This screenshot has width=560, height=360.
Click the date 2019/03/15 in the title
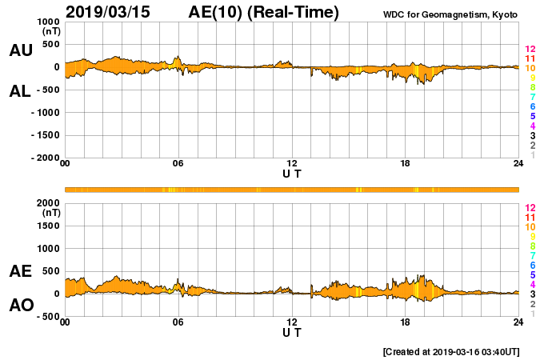pyautogui.click(x=107, y=13)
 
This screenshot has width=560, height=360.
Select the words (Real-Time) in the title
pyautogui.click(x=294, y=13)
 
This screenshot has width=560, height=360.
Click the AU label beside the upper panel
pyautogui.click(x=21, y=50)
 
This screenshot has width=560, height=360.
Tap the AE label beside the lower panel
pyautogui.click(x=21, y=271)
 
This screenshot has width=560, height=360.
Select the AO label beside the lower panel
pyautogui.click(x=21, y=306)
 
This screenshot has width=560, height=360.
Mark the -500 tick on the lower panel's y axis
pyautogui.click(x=44, y=317)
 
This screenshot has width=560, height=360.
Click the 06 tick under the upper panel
pyautogui.click(x=178, y=165)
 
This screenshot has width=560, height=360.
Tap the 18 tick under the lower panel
pyautogui.click(x=406, y=322)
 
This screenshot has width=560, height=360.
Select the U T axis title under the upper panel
pyautogui.click(x=292, y=173)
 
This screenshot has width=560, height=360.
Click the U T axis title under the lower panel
pyautogui.click(x=292, y=331)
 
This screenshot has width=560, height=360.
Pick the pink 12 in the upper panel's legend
pyautogui.click(x=530, y=49)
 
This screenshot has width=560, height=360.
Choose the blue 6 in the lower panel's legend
pyautogui.click(x=532, y=265)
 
